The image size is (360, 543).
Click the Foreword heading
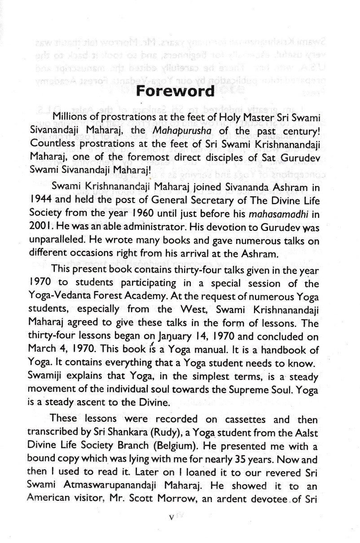point(175,91)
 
